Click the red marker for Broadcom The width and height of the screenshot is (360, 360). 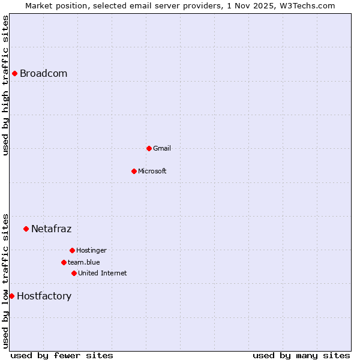[x=14, y=73]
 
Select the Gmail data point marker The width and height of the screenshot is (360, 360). [x=149, y=148]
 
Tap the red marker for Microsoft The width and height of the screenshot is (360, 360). [x=134, y=171]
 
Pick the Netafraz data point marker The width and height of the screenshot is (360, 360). [x=26, y=229]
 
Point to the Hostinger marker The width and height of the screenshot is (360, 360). [x=72, y=250]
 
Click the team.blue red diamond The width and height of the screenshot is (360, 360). [x=64, y=262]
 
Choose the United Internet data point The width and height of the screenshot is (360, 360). [x=74, y=273]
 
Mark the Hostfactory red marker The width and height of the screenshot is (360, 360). [x=11, y=296]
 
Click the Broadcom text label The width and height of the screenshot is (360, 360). [x=43, y=74]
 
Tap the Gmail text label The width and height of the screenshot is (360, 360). [x=162, y=148]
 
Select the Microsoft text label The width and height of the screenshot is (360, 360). [x=152, y=171]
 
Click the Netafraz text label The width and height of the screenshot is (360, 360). [x=51, y=229]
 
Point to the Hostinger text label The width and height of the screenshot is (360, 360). [x=91, y=250]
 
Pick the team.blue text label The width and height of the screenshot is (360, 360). [x=84, y=262]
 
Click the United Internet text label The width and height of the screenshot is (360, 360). [x=103, y=273]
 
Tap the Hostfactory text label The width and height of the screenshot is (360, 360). [x=44, y=296]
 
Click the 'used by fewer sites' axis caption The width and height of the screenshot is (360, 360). [x=62, y=355]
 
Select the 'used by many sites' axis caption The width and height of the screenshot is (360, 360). [x=301, y=355]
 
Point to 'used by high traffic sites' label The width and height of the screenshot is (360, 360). [x=6, y=85]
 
